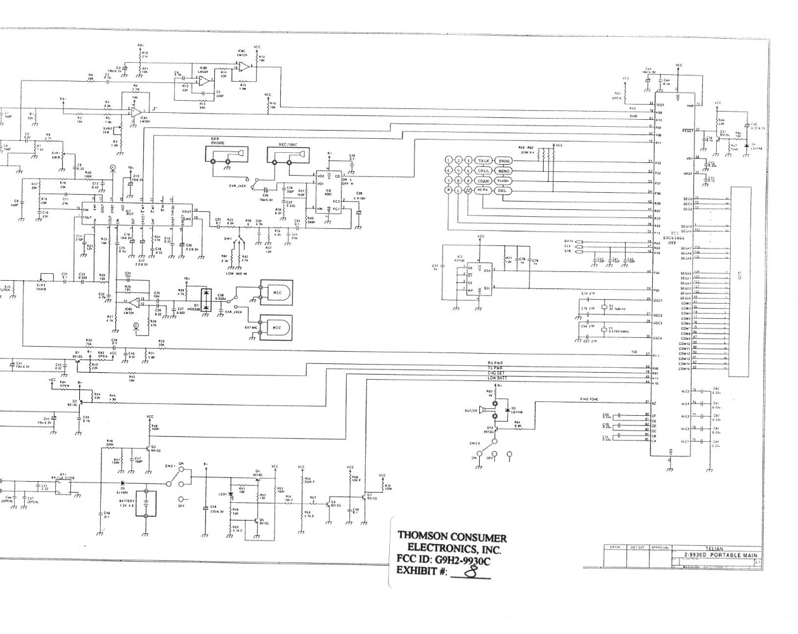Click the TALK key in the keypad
coord(485,161)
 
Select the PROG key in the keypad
coord(505,161)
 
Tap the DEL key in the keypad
coord(502,190)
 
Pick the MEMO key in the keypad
coord(505,171)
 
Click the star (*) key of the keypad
coord(449,190)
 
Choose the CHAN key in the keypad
coord(485,181)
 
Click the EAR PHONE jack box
coord(226,155)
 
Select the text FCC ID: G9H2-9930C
coord(444,560)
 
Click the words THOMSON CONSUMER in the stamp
coord(452,536)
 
